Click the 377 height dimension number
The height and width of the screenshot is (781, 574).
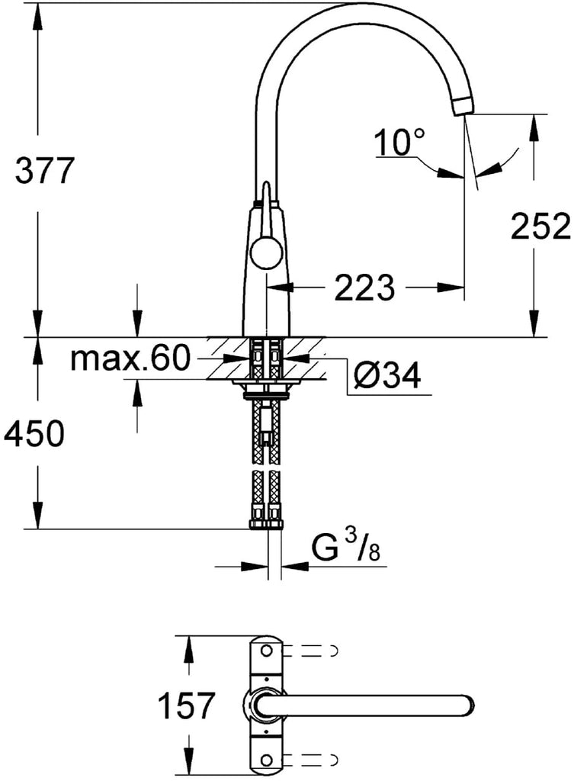coord(44,170)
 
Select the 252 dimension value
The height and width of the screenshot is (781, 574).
coord(540,227)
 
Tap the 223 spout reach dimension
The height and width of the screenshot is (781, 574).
coord(364,288)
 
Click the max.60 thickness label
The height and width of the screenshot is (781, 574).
coord(130,358)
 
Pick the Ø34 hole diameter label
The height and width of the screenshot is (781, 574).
coord(387,375)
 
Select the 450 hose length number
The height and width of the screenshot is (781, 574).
coord(34,433)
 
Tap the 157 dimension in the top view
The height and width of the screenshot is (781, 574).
coord(186,705)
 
